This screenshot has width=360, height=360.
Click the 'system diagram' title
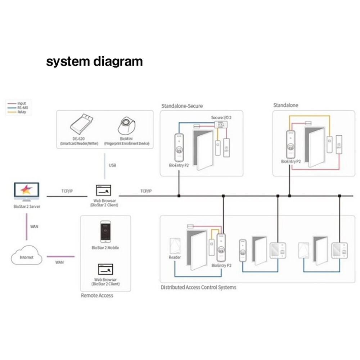pos(94,61)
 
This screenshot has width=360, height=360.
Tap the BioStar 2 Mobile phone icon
pos(105,231)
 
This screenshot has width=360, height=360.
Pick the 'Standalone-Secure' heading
pos(182,106)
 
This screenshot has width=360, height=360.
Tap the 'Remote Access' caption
pos(97,296)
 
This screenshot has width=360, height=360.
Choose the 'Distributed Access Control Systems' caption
pos(198,287)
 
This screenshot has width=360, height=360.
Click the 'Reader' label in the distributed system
pos(175,257)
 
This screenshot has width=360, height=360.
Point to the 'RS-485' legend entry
pos(22,108)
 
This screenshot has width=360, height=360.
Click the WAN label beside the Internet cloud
pos(59,262)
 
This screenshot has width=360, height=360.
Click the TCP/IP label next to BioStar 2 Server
pos(67,191)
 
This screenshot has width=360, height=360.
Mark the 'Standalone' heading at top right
pos(286,105)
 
